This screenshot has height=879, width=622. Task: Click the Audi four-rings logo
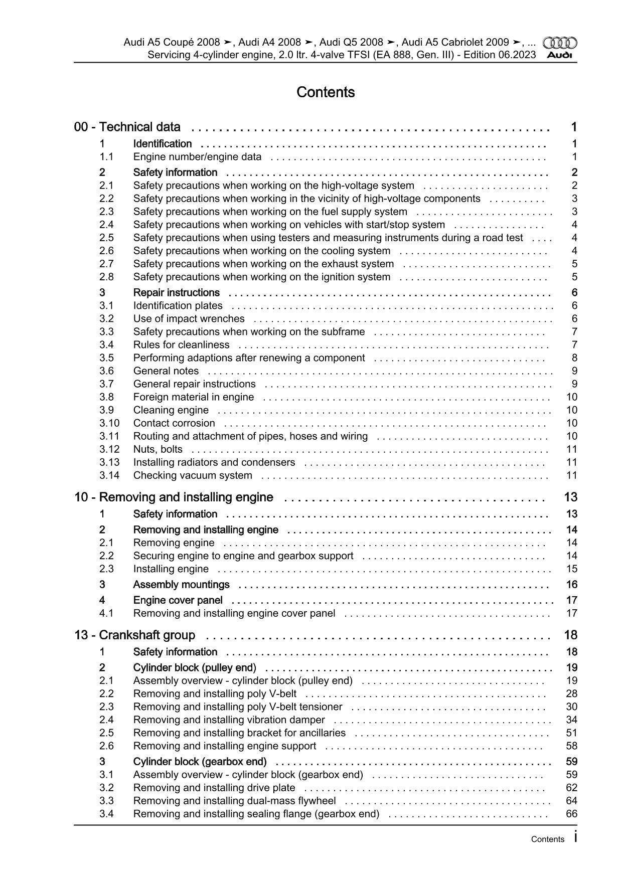560,43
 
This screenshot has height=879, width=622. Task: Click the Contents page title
326,92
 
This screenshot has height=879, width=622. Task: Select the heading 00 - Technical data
127,127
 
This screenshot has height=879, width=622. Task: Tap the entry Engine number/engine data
197,157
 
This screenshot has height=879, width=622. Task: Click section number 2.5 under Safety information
106,238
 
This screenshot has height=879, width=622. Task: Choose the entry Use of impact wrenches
189,319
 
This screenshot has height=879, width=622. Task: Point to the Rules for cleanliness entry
181,345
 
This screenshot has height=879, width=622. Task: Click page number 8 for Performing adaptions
574,358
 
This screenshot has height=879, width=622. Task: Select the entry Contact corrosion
174,423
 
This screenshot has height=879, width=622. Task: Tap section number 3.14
109,475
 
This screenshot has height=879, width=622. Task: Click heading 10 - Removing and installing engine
174,497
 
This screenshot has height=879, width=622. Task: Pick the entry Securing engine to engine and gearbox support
243,556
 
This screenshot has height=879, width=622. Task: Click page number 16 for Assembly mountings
571,585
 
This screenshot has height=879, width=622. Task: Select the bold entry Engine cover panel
178,600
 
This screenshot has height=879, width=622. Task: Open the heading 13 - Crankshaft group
134,635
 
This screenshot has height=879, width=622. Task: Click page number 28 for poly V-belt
571,694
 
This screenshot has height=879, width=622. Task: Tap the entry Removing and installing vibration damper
229,720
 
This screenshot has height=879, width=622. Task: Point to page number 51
571,733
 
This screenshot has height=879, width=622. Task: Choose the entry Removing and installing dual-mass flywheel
234,801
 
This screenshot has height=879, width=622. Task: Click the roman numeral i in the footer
575,837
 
